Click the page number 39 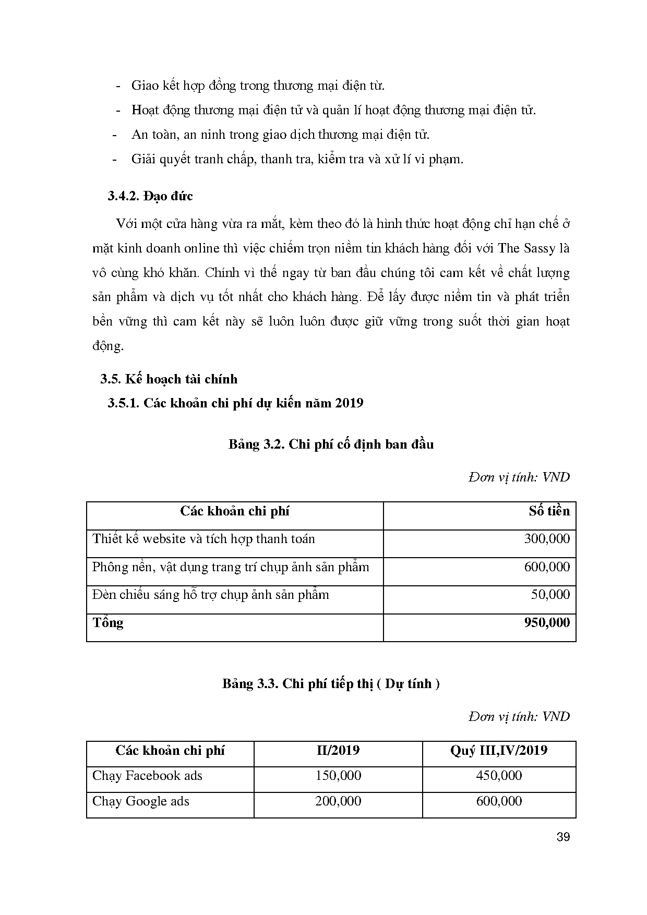pyautogui.click(x=563, y=837)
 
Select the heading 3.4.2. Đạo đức pyautogui.click(x=150, y=196)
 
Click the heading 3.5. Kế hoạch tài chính pyautogui.click(x=169, y=379)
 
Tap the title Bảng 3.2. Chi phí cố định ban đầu pyautogui.click(x=331, y=444)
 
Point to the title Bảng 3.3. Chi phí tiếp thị pyautogui.click(x=331, y=683)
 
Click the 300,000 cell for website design pyautogui.click(x=546, y=539)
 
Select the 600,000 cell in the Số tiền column pyautogui.click(x=546, y=567)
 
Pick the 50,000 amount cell pyautogui.click(x=550, y=595)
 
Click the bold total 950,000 pyautogui.click(x=546, y=622)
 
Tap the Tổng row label pyautogui.click(x=108, y=622)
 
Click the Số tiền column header pyautogui.click(x=549, y=511)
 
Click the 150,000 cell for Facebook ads pyautogui.click(x=338, y=776)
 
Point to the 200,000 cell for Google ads pyautogui.click(x=338, y=801)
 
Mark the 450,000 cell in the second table pyautogui.click(x=499, y=776)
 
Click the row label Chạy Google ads pyautogui.click(x=141, y=801)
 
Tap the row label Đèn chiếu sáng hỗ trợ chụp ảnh pyautogui.click(x=210, y=595)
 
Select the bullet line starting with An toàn pyautogui.click(x=280, y=135)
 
